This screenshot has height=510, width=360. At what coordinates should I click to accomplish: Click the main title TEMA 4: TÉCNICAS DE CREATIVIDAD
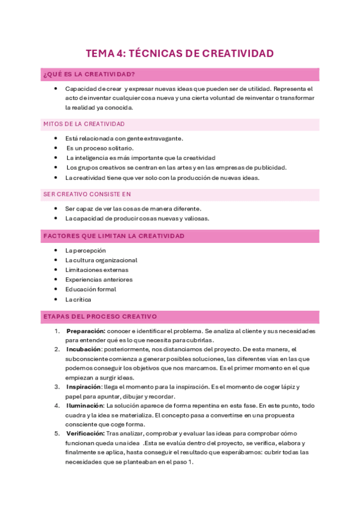tap(180, 54)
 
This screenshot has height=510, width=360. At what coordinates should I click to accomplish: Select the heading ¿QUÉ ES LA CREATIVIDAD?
tap(89, 75)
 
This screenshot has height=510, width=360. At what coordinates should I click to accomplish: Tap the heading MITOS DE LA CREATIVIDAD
tap(84, 124)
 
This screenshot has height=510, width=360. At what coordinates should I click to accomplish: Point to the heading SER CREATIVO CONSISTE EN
tap(87, 194)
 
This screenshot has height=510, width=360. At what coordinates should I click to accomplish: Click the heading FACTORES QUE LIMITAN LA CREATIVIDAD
tap(114, 236)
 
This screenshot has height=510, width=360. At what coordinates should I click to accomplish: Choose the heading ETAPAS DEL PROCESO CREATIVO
tap(100, 316)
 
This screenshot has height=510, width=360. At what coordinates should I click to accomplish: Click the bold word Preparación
tap(86, 331)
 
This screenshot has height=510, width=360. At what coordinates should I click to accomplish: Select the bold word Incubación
tap(84, 349)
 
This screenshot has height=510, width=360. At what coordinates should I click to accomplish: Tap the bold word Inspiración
tap(84, 387)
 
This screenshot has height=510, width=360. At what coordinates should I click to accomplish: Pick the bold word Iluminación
tap(85, 406)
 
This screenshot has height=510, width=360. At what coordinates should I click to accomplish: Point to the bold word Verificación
tap(85, 434)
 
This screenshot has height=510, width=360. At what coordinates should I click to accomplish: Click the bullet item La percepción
tap(85, 250)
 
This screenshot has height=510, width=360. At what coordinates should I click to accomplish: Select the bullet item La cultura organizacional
tap(101, 260)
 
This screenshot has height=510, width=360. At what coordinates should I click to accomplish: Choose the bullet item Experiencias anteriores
tap(99, 280)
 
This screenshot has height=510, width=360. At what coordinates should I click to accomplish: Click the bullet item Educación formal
tap(90, 289)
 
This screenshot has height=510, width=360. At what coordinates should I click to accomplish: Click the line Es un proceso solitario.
tap(100, 148)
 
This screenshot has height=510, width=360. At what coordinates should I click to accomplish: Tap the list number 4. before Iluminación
tap(57, 406)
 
